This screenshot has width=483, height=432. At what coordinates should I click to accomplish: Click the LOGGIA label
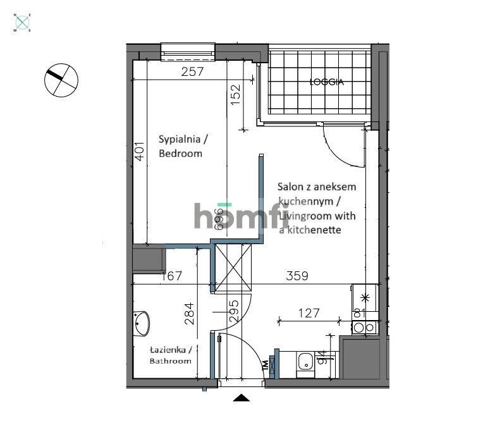pos(326,82)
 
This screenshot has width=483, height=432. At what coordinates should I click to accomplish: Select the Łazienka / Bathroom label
pos(170,355)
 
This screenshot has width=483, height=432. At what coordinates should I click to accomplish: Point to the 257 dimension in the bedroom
pos(192,71)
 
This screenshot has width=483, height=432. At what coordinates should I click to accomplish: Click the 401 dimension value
pos(138,152)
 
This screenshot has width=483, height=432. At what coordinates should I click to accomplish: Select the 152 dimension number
pos(235,96)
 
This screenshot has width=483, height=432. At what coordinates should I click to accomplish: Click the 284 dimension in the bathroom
pos(189,313)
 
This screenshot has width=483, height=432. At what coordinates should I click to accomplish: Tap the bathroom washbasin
pos(142,324)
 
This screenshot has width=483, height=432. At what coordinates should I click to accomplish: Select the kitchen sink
pos(305,362)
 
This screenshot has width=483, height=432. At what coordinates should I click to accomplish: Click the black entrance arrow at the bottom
pos(241,397)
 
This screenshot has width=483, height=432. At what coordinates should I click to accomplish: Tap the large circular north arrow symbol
pos(61,80)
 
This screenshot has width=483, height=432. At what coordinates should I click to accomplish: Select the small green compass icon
pos(23,23)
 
